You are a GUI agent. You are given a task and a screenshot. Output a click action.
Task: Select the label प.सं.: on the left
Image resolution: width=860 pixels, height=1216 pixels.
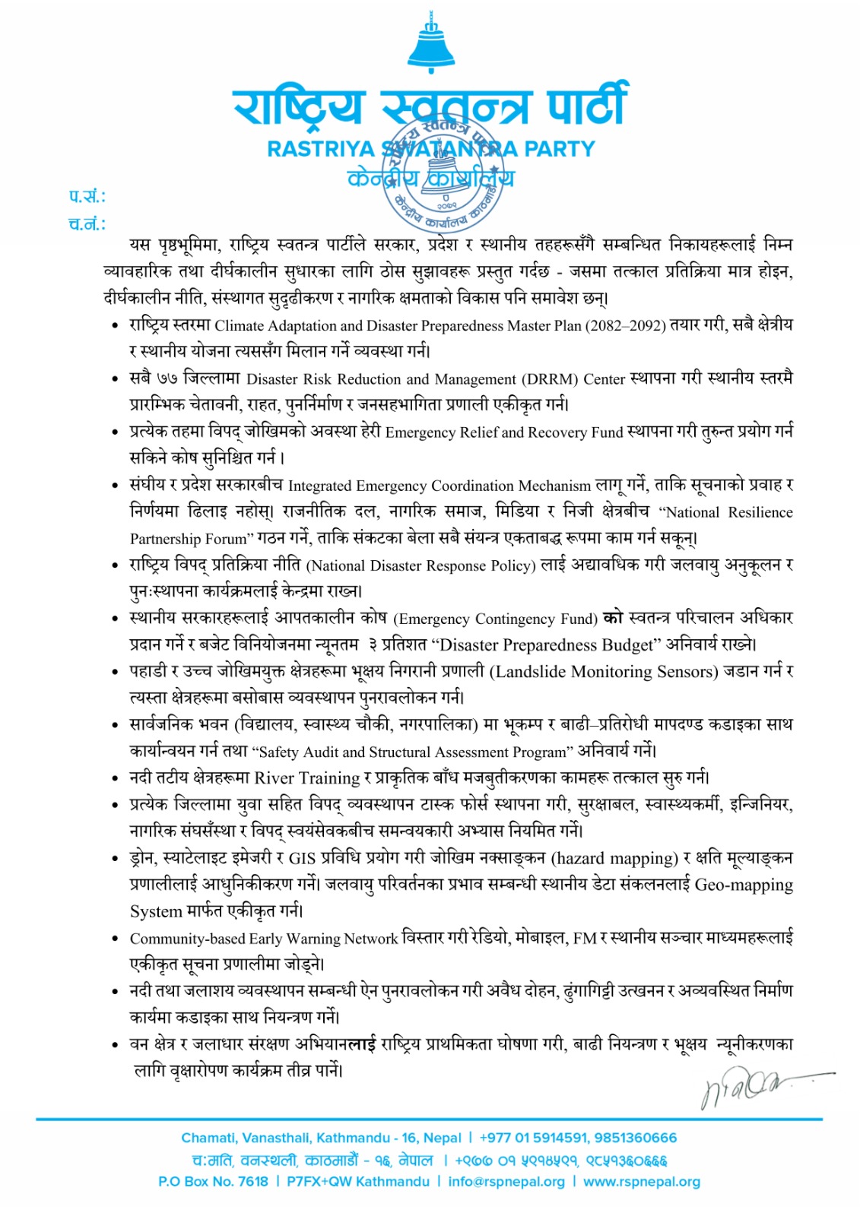point(87,197)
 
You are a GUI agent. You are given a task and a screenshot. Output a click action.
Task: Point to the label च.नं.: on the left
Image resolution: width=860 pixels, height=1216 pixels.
point(87,224)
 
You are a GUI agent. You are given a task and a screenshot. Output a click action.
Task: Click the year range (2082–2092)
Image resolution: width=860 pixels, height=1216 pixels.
point(625,326)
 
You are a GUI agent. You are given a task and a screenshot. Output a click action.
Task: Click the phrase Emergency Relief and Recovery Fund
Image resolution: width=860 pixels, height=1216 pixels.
point(504,432)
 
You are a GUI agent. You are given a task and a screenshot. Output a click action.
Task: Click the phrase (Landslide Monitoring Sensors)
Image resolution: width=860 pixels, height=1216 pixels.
point(604,672)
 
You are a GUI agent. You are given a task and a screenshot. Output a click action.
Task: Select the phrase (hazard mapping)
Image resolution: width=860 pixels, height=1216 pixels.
point(614,859)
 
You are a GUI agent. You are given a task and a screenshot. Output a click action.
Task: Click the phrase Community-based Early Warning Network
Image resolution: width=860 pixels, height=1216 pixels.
point(264,939)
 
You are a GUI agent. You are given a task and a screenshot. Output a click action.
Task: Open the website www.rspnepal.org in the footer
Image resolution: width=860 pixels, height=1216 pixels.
point(642,1182)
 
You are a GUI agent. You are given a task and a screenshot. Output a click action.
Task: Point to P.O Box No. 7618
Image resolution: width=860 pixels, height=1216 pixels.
point(213,1182)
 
